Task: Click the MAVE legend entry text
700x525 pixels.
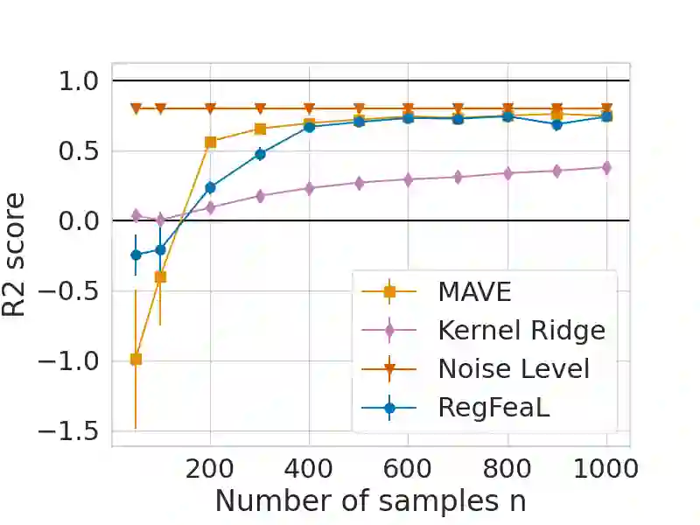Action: coord(474,291)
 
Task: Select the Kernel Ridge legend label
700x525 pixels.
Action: coord(521,330)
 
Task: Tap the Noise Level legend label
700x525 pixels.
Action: coord(514,368)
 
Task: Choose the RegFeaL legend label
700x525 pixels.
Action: coord(493,407)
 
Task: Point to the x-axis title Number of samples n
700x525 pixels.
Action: coord(370,500)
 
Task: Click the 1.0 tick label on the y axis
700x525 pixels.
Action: coord(80,81)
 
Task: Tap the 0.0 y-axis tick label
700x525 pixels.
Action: coord(80,221)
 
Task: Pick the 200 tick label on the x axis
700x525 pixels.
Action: coord(210,468)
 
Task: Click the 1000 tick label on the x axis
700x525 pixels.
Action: coord(605,468)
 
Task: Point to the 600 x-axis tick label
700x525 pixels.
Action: coord(408,468)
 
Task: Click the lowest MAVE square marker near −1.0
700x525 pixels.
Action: coord(136,359)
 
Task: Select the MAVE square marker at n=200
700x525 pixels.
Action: coord(210,142)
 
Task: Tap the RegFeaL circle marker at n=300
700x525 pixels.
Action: coord(260,154)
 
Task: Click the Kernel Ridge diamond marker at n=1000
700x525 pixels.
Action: coord(605,167)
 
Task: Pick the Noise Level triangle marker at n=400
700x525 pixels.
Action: coord(309,108)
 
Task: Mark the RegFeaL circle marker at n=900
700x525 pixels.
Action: coord(556,124)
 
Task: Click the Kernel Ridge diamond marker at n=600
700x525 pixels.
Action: coord(408,179)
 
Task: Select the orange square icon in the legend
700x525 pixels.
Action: coord(390,291)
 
